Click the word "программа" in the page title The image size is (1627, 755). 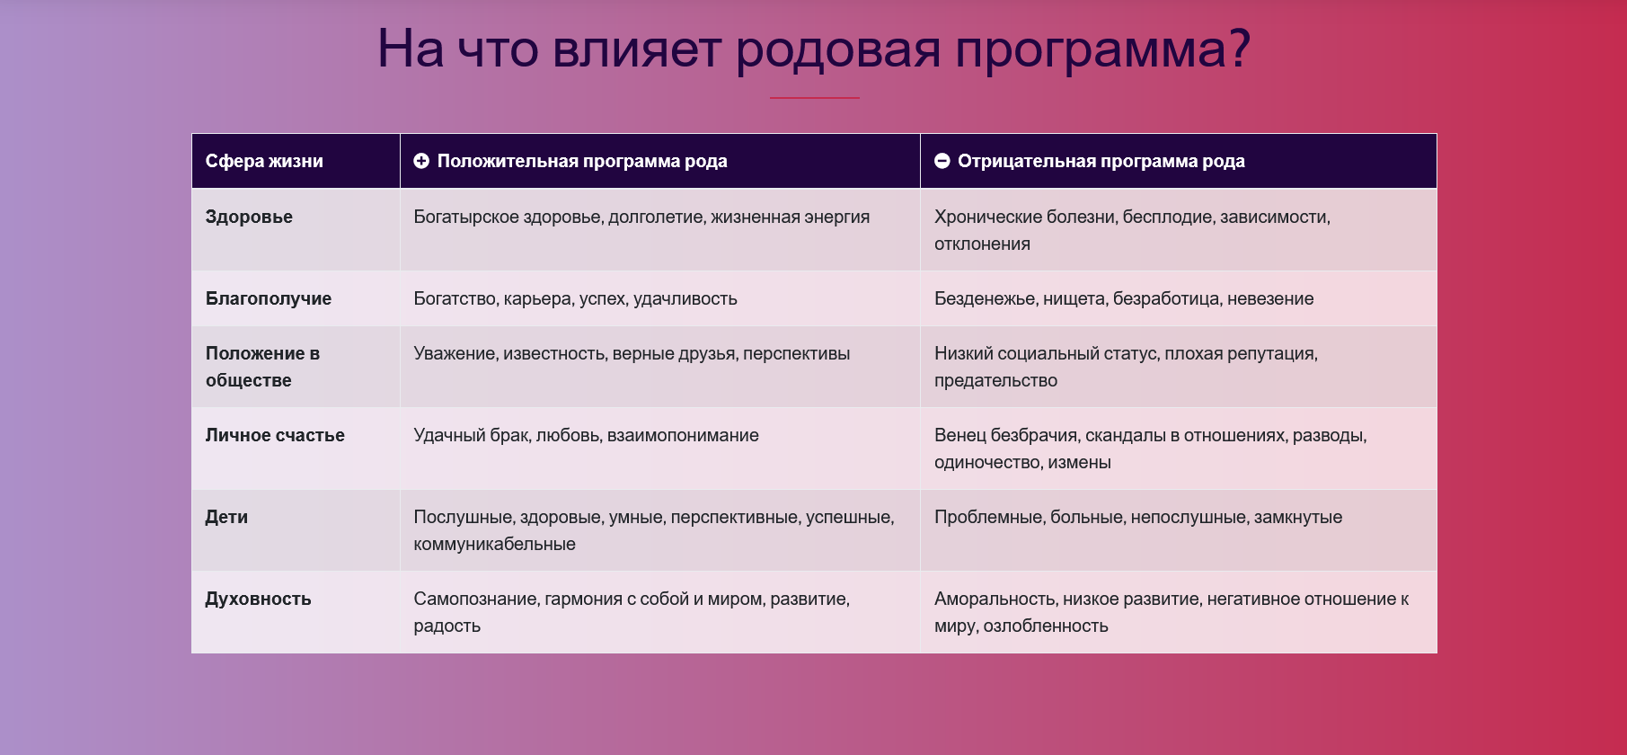tap(1103, 50)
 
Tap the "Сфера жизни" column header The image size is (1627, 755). tap(264, 161)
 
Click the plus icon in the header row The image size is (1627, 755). tap(421, 161)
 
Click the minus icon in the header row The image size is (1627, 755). tap(942, 161)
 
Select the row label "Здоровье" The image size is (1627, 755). tap(249, 217)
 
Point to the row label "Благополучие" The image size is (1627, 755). tap(269, 298)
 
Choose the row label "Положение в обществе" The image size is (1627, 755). tap(262, 367)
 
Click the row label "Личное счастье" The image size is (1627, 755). tap(275, 435)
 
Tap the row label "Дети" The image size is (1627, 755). tap(226, 517)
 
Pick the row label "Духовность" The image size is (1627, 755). tap(259, 599)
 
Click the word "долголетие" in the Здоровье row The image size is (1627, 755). tap(657, 218)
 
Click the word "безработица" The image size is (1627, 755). tap(1167, 298)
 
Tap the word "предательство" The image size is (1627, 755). tap(995, 380)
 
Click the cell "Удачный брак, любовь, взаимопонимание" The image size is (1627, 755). tap(586, 435)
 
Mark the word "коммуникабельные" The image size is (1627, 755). tap(494, 544)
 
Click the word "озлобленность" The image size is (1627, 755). tap(1046, 626)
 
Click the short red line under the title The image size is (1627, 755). tap(815, 97)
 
